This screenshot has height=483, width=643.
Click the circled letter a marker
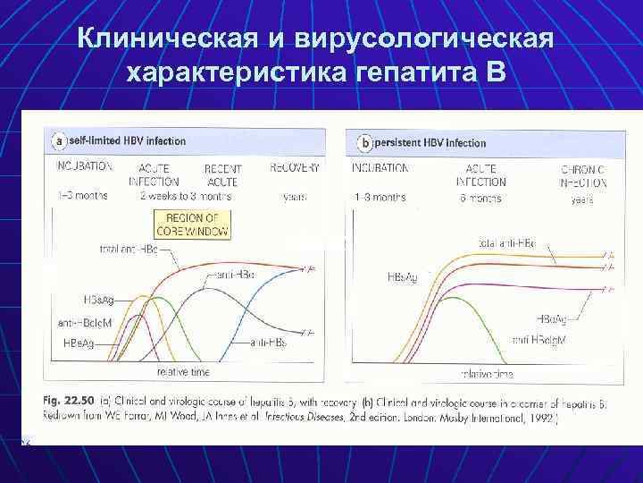59,141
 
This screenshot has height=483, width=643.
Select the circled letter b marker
364,142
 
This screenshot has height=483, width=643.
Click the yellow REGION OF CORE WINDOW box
192,225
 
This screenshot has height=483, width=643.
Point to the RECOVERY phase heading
294,167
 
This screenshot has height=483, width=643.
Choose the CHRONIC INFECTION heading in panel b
584,174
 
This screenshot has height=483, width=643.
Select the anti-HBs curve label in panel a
267,343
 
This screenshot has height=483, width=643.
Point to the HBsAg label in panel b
401,278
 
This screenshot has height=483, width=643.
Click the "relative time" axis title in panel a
183,369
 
